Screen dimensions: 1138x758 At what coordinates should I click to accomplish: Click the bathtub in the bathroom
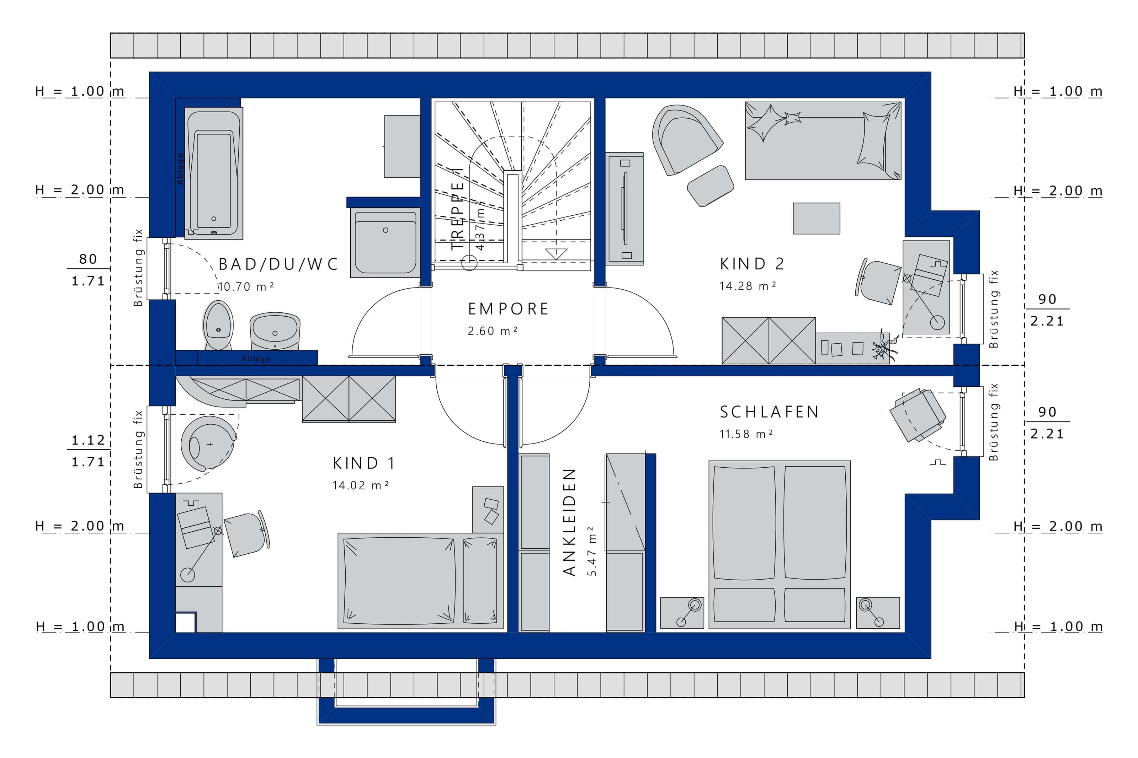click(x=214, y=173)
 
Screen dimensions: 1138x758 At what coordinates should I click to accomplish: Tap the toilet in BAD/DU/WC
click(x=218, y=325)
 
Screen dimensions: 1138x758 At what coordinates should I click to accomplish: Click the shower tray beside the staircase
click(x=385, y=243)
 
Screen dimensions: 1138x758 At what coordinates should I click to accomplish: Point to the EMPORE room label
click(x=508, y=309)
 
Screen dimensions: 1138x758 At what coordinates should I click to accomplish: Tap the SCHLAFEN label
click(x=769, y=412)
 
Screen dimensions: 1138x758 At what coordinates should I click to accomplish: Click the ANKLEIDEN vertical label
click(x=570, y=522)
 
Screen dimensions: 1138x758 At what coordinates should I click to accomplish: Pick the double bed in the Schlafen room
click(x=780, y=545)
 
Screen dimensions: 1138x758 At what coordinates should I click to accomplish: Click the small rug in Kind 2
click(x=817, y=219)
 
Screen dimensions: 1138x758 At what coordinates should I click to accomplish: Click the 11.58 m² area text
click(x=746, y=434)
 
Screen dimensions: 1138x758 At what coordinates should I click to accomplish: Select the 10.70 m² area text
click(x=246, y=287)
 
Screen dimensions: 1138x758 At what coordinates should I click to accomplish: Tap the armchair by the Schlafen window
click(x=918, y=415)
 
